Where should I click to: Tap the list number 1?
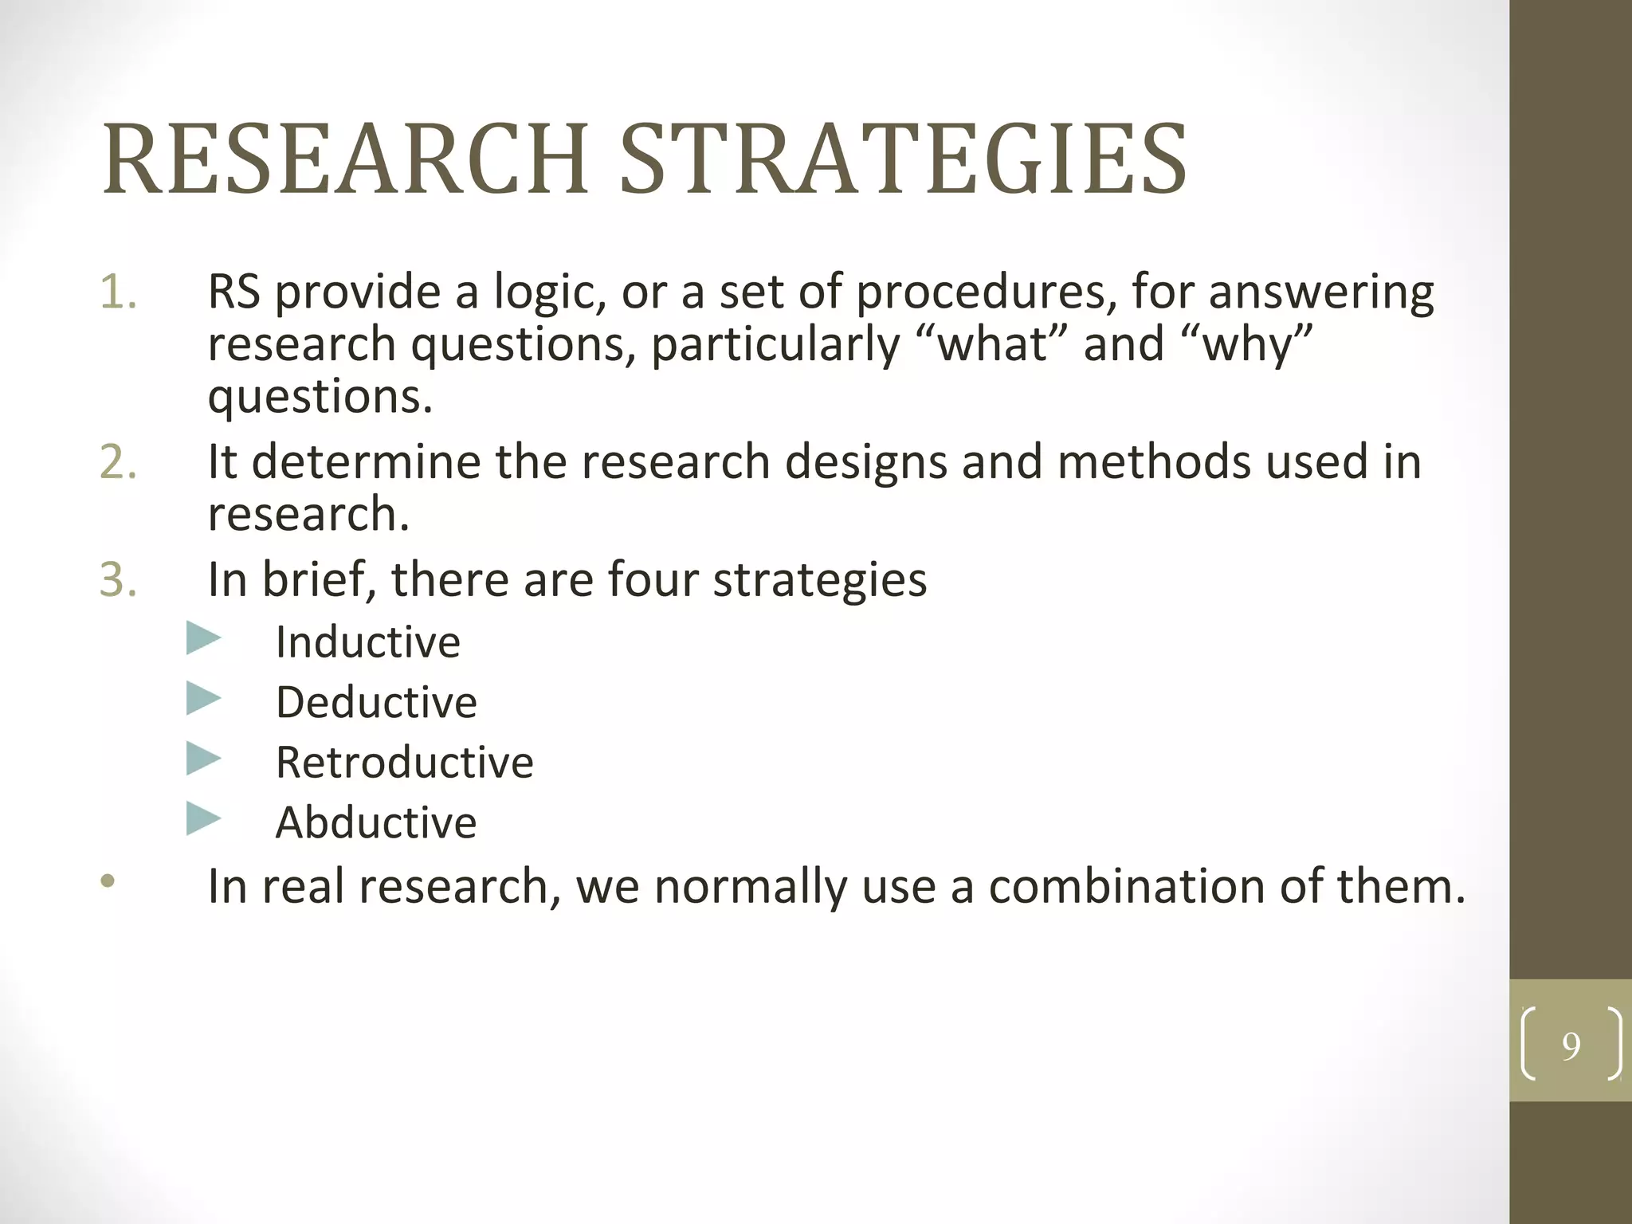118,292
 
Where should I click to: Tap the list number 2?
118,462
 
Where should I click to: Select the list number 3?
118,579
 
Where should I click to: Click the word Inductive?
367,642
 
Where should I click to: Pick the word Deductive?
376,703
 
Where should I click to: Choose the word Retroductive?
404,763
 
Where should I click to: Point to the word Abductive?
375,822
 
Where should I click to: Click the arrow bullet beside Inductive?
203,639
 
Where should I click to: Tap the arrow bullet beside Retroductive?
203,759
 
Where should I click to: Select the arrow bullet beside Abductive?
203,818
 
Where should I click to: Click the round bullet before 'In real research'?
108,882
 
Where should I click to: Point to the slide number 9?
1571,1045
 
